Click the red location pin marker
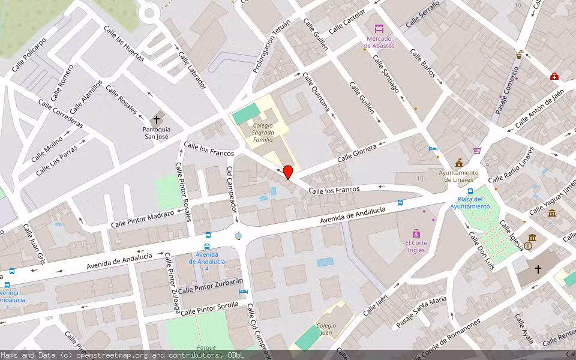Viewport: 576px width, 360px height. [288, 172]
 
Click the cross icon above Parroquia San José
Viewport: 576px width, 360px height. [157, 119]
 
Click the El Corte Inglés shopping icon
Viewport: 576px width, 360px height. [416, 233]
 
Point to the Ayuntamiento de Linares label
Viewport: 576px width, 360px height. [459, 176]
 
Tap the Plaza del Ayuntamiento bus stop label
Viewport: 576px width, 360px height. [470, 203]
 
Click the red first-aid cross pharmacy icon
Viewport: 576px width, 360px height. [554, 77]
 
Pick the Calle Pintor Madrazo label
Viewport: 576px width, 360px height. [142, 219]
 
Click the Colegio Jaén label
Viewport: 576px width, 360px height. [326, 328]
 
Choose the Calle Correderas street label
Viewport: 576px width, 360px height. [60, 113]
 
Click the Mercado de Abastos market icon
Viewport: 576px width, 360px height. [379, 28]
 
